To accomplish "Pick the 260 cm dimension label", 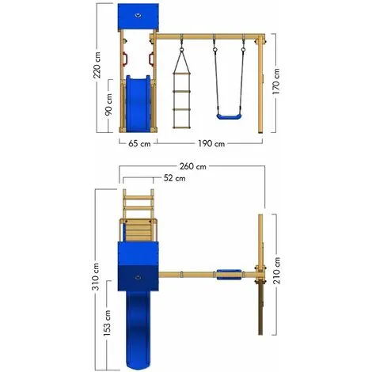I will tap(192, 167).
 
